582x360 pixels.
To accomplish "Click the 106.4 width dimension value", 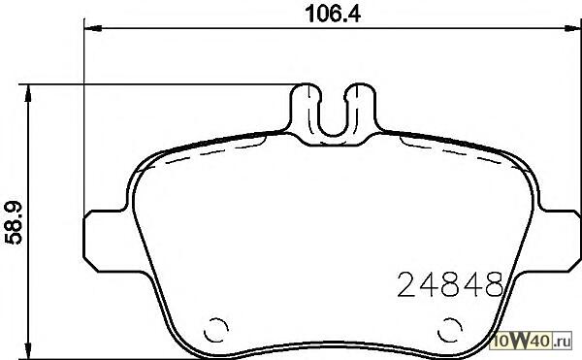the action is click(333, 15).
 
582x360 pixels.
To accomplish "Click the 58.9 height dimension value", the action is click(14, 223).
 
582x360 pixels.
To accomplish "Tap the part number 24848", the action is click(450, 284).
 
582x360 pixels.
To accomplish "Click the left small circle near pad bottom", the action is click(215, 330).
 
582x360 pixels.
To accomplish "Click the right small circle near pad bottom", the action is click(450, 330).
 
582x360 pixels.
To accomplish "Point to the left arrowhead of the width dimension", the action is click(93, 28).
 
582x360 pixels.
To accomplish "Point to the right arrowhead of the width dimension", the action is click(573, 28).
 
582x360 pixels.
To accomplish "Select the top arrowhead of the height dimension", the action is click(27, 93).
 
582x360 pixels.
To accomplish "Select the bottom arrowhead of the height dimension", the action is click(27, 350).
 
